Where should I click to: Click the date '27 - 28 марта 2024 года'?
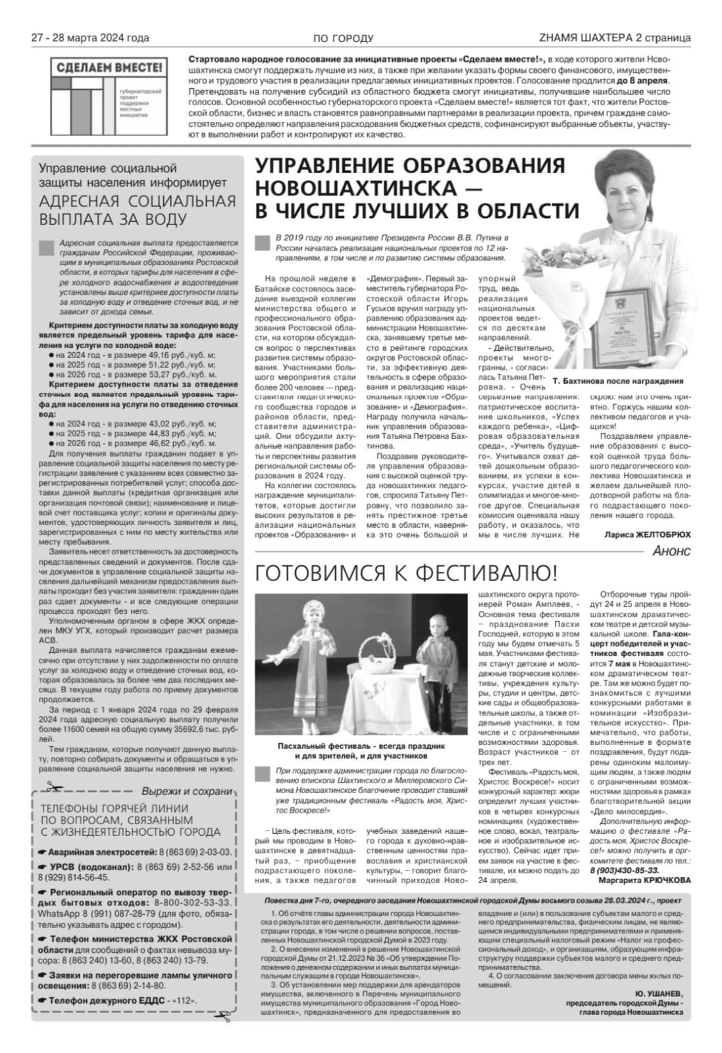click(x=91, y=38)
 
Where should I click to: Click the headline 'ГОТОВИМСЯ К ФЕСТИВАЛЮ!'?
click(x=406, y=573)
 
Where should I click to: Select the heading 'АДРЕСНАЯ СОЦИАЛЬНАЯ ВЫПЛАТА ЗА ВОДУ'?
click(x=136, y=211)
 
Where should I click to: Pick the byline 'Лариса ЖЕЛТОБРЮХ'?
click(x=648, y=535)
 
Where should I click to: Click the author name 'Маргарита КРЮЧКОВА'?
click(x=644, y=880)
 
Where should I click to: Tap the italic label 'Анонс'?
click(x=671, y=551)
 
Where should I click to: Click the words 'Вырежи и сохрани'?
click(x=187, y=792)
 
